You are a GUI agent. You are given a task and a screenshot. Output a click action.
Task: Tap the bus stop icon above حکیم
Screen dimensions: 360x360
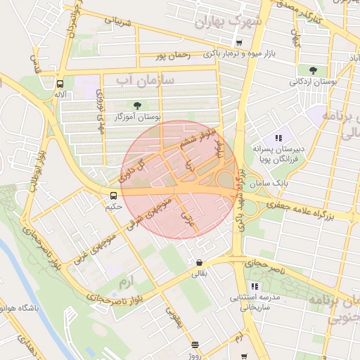pyautogui.click(x=114, y=195)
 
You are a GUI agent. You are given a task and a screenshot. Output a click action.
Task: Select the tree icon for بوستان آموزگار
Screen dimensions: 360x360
pyautogui.click(x=136, y=105)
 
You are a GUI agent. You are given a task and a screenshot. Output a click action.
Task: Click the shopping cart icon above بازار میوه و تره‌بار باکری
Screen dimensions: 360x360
pyautogui.click(x=240, y=43)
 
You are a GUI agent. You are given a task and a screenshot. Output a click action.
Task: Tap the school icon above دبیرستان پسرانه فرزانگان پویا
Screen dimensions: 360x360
pyautogui.click(x=278, y=138)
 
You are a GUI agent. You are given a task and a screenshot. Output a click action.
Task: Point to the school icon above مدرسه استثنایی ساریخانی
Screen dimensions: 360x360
pyautogui.click(x=255, y=286)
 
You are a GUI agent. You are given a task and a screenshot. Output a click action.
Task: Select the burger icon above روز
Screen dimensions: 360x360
pyautogui.click(x=195, y=345)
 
